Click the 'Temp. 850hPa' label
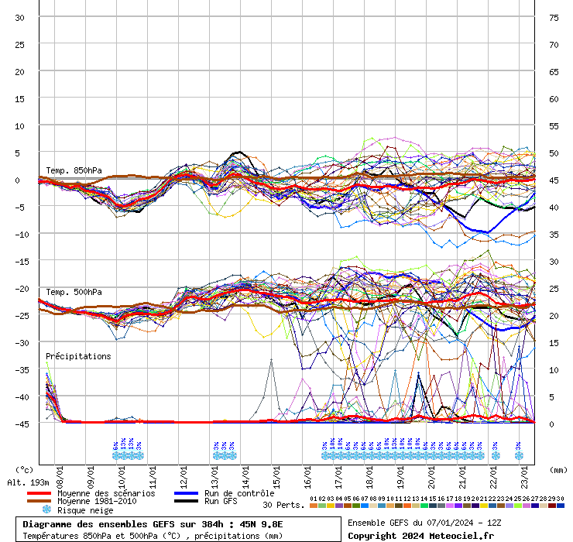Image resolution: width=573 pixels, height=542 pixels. tap(74, 170)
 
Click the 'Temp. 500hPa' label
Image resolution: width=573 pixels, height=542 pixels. tap(74, 292)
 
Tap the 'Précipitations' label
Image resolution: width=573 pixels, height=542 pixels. tap(78, 356)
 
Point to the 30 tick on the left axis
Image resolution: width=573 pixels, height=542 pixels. tap(19, 18)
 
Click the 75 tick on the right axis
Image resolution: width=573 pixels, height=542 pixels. tap(554, 18)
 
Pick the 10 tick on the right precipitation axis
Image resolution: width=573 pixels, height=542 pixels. tap(554, 369)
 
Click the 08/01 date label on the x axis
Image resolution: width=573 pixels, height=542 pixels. tap(60, 472)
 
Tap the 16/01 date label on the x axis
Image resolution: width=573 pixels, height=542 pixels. tap(307, 472)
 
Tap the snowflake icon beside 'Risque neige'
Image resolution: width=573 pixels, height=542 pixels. tap(46, 510)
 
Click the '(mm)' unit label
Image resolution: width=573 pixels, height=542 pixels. tap(558, 469)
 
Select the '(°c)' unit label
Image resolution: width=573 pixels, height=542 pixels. tap(25, 469)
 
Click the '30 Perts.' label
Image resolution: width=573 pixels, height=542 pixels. tap(283, 505)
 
